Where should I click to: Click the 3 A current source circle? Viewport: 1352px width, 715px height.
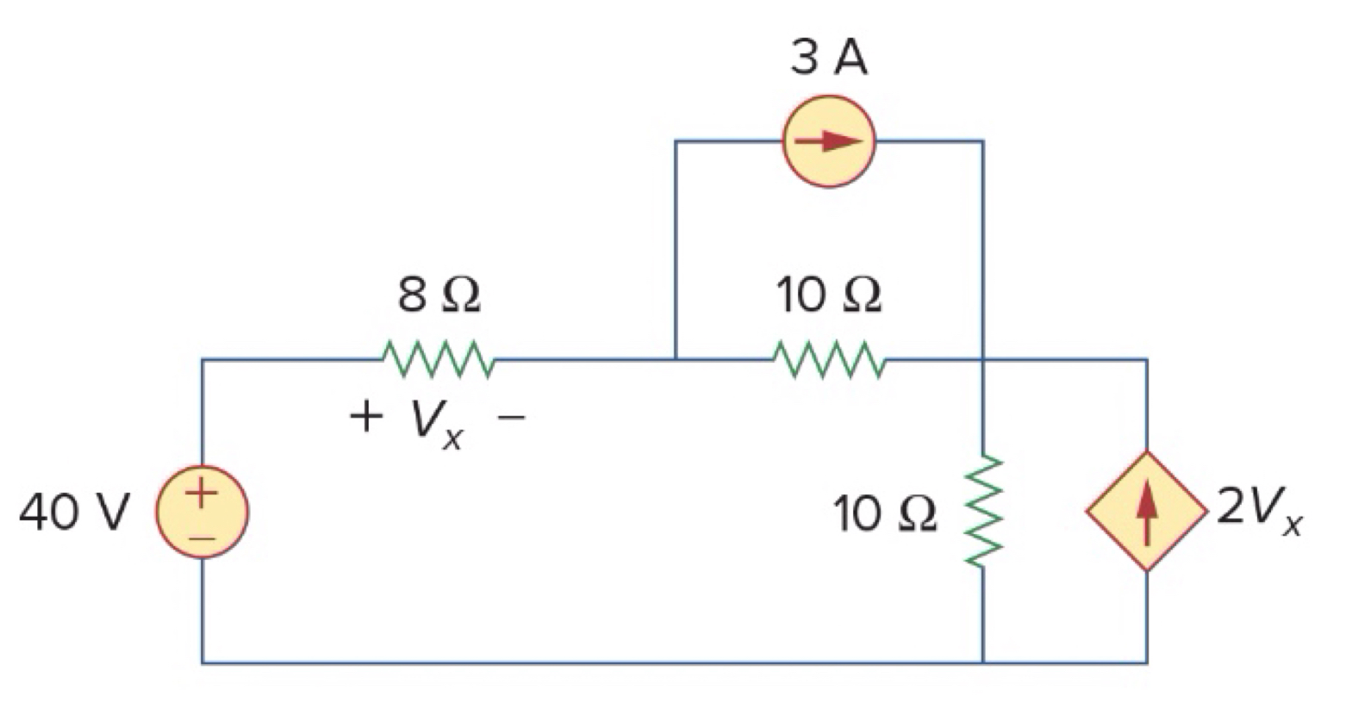tap(828, 141)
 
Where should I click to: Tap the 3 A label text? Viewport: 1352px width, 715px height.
tap(828, 59)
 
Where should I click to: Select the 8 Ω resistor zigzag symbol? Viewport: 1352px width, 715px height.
tap(437, 359)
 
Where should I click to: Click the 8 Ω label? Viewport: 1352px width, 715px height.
tap(439, 295)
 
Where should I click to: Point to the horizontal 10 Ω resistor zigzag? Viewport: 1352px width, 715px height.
tap(828, 359)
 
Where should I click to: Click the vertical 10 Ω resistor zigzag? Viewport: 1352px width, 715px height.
tap(982, 512)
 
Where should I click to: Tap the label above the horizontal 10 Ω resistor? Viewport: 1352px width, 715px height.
tap(828, 295)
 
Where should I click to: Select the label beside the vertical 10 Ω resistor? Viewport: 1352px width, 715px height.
tap(883, 514)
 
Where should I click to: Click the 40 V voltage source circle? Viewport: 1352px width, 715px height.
tap(202, 512)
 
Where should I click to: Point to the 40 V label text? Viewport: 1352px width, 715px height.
tap(74, 513)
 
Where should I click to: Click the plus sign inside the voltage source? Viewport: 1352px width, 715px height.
tap(201, 493)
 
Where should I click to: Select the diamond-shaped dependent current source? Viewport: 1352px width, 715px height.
tap(1145, 511)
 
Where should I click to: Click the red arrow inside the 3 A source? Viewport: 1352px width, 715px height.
tap(828, 141)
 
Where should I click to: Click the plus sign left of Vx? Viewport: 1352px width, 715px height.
tap(365, 417)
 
